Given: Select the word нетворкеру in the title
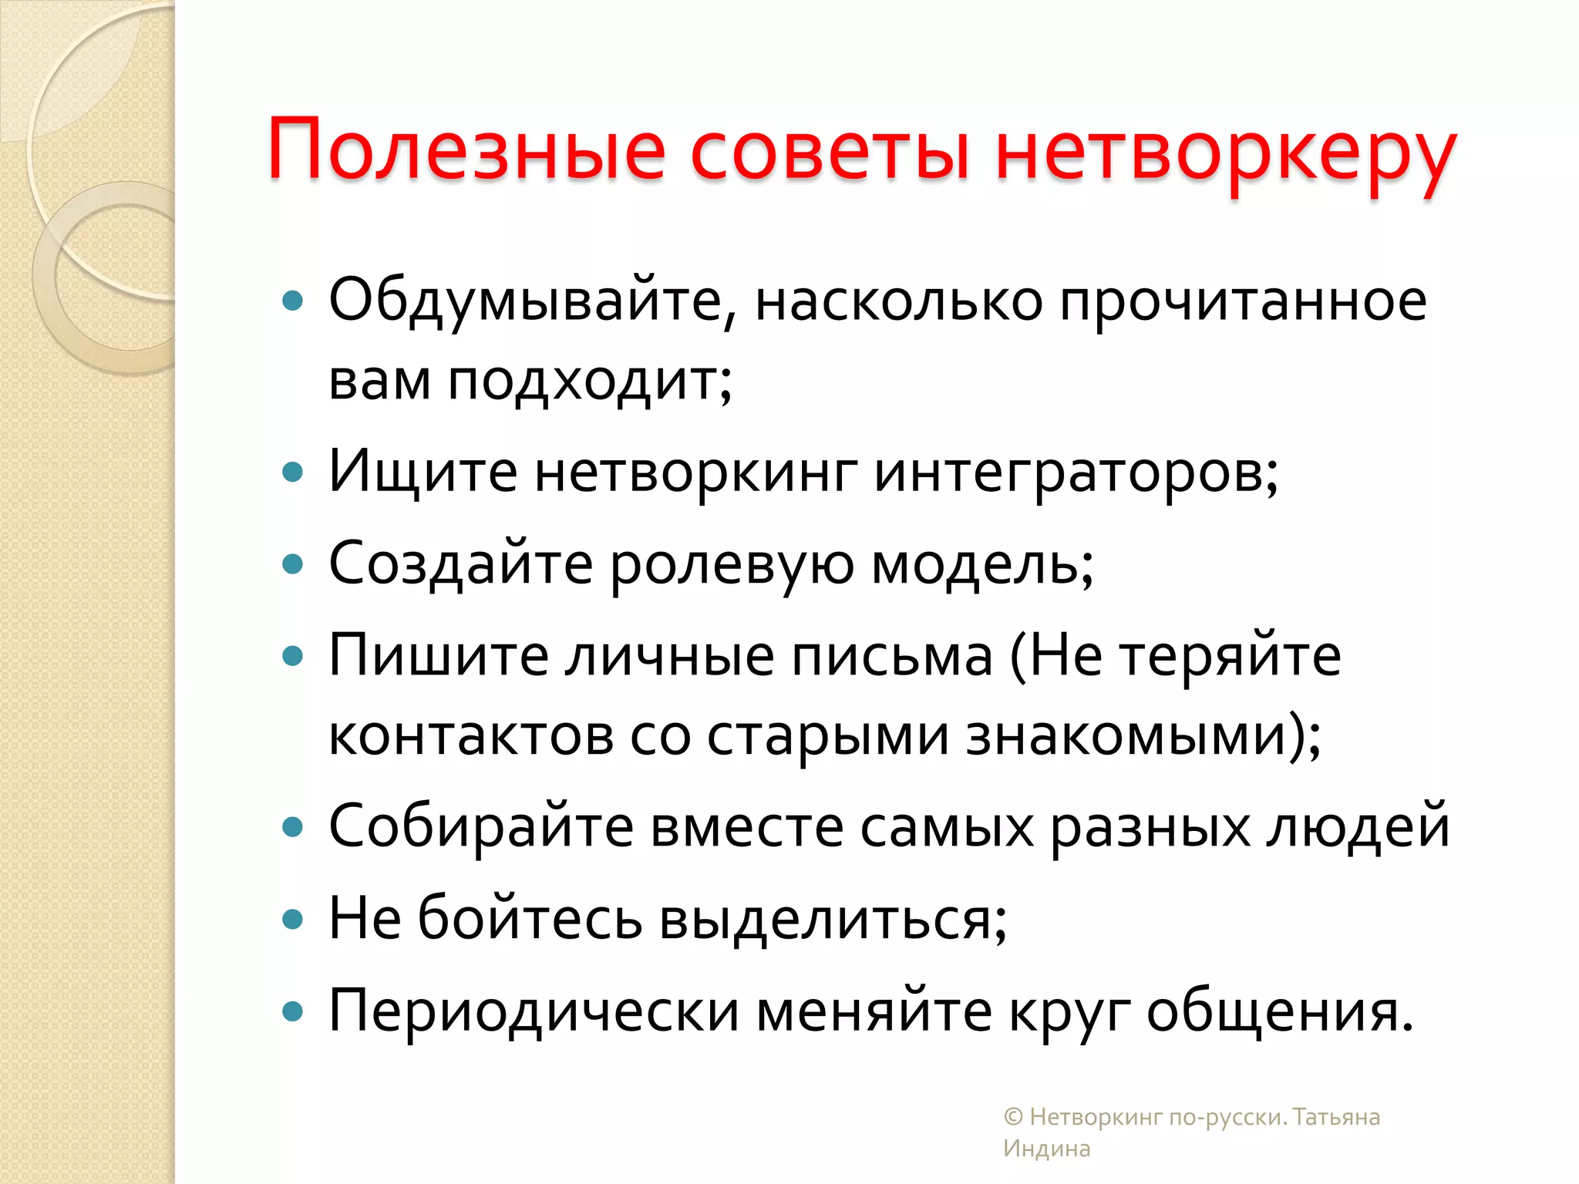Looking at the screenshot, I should coord(1226,154).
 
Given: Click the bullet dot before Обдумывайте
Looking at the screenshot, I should coord(293,301).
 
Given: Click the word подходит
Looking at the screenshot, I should coord(591,381).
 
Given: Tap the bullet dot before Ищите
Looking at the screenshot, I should coord(293,472).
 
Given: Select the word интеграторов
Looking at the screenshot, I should coord(1076,472).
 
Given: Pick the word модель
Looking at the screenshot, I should coord(982,563).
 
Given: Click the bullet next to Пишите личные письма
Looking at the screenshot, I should coord(293,657).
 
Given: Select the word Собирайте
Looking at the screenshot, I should coord(481,826).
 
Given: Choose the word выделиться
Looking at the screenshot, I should coord(833,919).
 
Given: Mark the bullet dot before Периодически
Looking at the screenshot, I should coord(293,1011).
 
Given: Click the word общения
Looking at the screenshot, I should coord(1279,1011).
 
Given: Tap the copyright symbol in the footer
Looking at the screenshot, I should coord(1013,1117).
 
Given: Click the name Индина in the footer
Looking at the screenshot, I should coord(1046,1149).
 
